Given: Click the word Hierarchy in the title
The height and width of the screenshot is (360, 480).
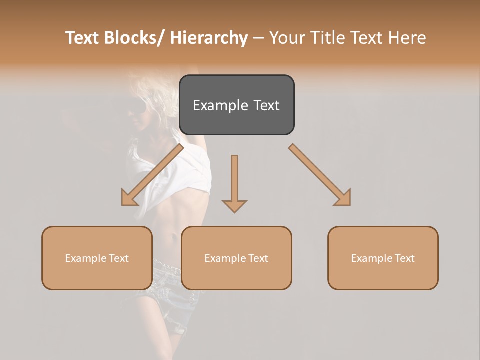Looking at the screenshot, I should [x=209, y=38].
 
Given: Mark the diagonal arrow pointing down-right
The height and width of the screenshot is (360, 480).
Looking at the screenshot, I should [x=319, y=174].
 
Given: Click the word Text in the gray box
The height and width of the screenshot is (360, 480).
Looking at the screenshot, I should [x=264, y=105].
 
